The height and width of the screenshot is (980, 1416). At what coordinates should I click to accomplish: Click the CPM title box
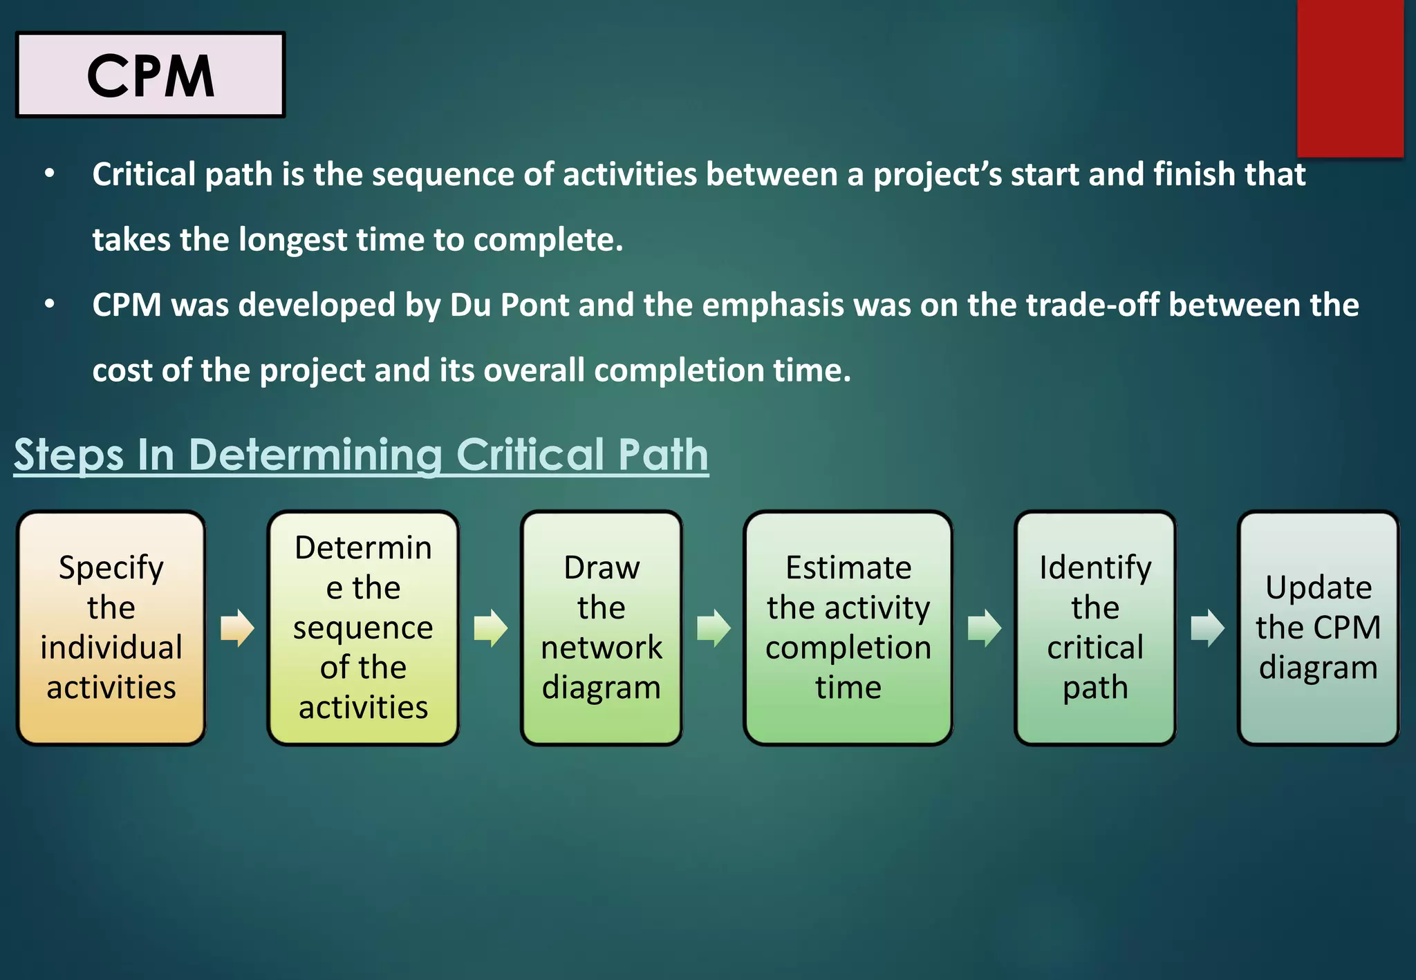click(x=150, y=75)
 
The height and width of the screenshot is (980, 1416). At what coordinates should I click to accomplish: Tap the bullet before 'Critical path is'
click(x=49, y=174)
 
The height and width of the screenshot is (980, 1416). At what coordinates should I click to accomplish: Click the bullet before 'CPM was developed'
click(x=49, y=305)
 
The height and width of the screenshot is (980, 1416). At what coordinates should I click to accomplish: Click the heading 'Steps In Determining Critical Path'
click(x=361, y=455)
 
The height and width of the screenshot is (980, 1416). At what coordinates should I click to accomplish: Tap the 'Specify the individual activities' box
click(x=111, y=628)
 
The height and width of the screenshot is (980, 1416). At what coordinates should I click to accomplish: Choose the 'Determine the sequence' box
click(x=363, y=628)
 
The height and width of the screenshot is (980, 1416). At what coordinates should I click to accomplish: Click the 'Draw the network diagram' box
click(x=602, y=628)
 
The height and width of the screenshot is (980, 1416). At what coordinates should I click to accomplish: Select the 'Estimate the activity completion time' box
click(x=848, y=628)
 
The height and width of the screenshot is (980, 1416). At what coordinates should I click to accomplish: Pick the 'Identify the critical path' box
click(x=1094, y=628)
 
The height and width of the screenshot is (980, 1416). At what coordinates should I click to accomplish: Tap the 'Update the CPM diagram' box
click(x=1318, y=628)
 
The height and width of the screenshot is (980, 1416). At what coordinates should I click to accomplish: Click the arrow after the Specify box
click(x=237, y=628)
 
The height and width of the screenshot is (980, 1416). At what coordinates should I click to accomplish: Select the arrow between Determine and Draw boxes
click(x=491, y=628)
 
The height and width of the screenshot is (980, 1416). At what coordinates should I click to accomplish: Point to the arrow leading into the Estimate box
click(x=714, y=628)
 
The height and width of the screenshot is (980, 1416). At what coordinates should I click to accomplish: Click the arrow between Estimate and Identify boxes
click(x=984, y=628)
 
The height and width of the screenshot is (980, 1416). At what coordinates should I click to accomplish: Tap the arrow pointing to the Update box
click(x=1207, y=628)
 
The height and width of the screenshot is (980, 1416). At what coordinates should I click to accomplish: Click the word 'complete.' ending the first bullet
click(x=548, y=240)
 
